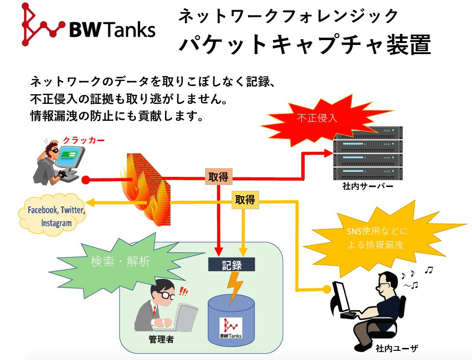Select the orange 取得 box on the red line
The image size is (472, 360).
pyautogui.click(x=219, y=177)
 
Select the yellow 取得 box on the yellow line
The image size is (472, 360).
pyautogui.click(x=245, y=200)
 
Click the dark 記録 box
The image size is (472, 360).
pyautogui.click(x=232, y=264)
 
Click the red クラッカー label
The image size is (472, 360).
pyautogui.click(x=84, y=140)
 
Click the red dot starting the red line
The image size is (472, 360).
pyautogui.click(x=86, y=181)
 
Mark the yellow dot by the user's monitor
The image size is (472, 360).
pyautogui.click(x=327, y=289)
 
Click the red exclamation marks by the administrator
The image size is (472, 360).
pyautogui.click(x=184, y=291)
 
